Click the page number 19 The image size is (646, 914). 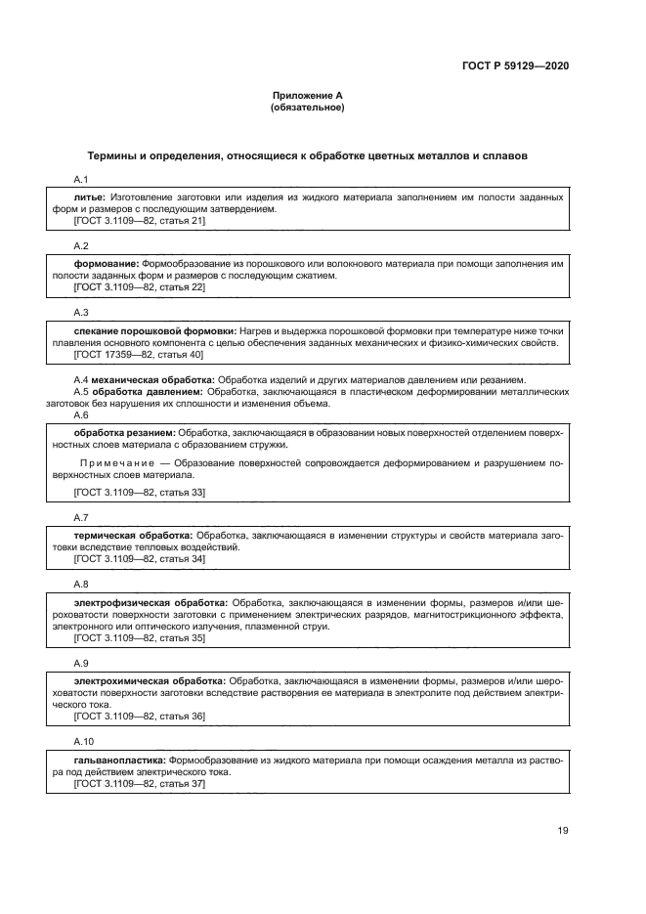point(563,831)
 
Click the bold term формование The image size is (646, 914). point(107,264)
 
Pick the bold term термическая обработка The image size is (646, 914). point(133,536)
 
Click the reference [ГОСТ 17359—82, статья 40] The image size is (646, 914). point(138,355)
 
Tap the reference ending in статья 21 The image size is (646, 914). point(139,221)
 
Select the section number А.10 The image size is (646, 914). point(84,739)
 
